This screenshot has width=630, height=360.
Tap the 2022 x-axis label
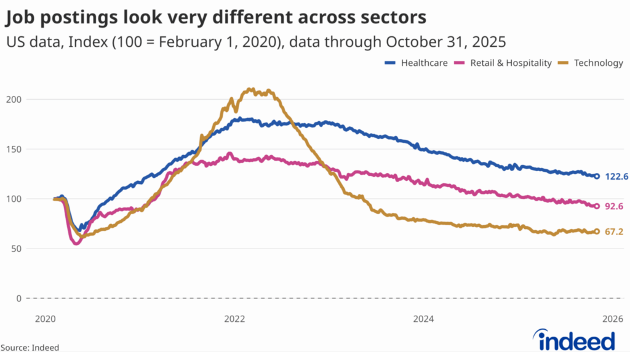tap(234, 319)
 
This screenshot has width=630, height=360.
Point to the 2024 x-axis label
tap(424, 319)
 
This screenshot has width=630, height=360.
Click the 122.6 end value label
tap(616, 177)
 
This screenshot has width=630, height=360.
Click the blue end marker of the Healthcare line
tap(597, 177)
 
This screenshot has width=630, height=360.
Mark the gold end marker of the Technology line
tap(597, 231)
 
